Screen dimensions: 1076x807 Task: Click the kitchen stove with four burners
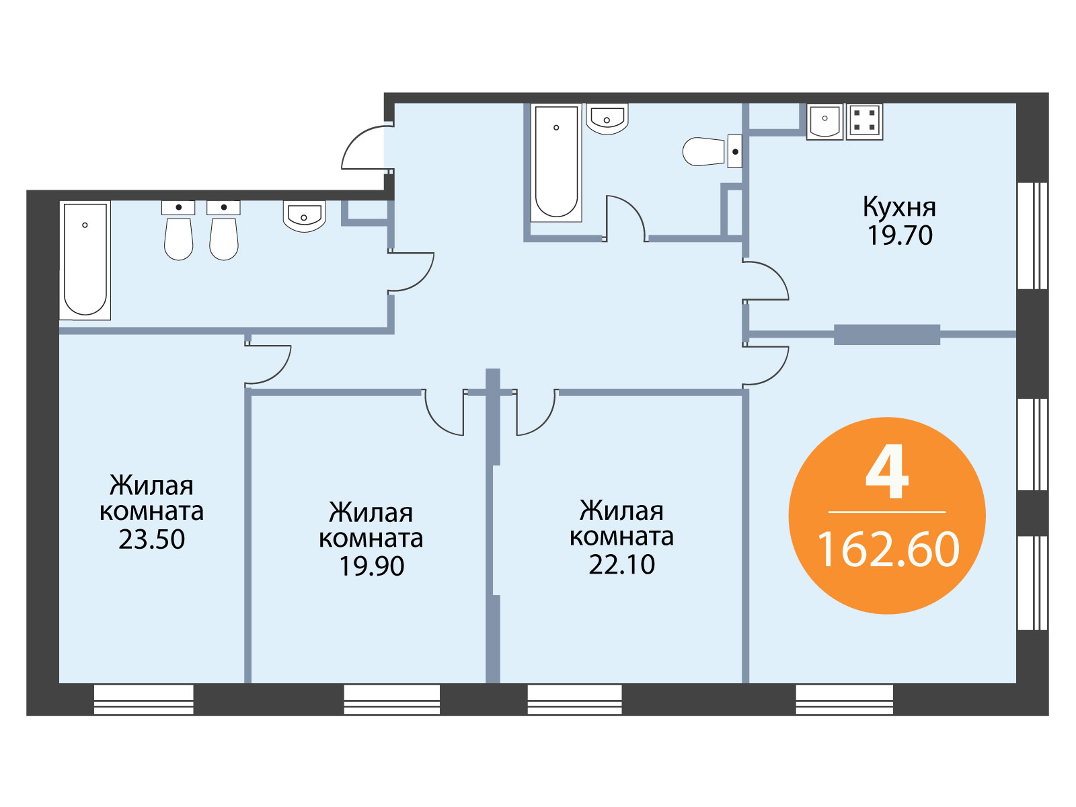coord(864,122)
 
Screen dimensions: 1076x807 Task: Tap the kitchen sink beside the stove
coord(825,122)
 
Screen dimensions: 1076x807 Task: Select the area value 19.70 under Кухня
coord(900,235)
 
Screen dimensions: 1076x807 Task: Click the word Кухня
coord(899,208)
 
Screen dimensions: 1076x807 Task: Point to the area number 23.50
coord(151,539)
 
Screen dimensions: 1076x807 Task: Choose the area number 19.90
coord(372,566)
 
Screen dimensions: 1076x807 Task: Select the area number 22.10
coord(621,564)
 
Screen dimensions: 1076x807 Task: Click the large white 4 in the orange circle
coord(887,471)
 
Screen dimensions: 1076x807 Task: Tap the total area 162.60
coord(888,550)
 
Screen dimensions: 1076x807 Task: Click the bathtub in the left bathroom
coord(85,260)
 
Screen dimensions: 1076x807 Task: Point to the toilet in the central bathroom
coord(712,151)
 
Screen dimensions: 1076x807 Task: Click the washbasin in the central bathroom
coord(607,119)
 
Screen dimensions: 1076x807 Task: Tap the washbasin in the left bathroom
coord(304,216)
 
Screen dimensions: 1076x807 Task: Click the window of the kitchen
coord(1032,235)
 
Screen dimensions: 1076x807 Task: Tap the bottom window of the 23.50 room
coord(144,699)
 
